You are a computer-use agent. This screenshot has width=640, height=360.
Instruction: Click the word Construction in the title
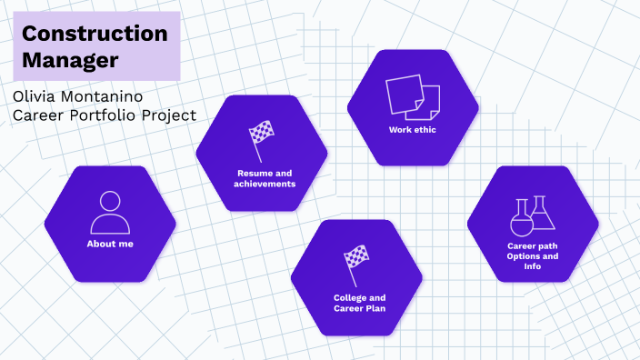point(95,34)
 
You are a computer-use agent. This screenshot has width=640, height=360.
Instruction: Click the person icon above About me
point(110,213)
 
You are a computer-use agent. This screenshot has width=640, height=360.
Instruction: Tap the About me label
point(110,245)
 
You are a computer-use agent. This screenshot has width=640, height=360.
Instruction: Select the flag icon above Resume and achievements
point(262,139)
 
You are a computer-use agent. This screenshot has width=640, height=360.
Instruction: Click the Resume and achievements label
point(262,178)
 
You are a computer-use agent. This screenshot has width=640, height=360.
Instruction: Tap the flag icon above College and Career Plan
point(356,263)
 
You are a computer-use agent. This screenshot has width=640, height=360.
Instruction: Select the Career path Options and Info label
point(533,255)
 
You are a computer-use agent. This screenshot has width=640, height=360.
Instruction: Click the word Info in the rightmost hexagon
point(533,266)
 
